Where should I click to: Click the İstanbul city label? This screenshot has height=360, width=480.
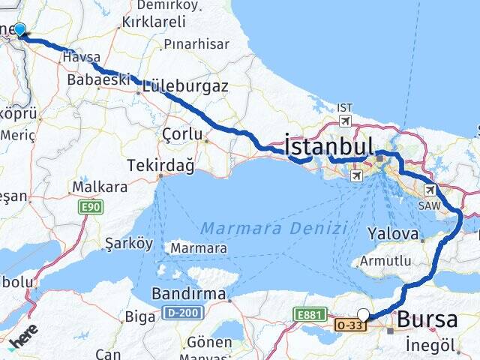(x=329, y=145)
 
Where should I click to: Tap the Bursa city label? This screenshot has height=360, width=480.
(x=427, y=319)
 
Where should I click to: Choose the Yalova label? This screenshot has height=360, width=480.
(x=392, y=234)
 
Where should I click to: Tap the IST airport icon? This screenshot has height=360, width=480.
(x=345, y=120)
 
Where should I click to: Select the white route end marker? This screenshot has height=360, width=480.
(x=364, y=315)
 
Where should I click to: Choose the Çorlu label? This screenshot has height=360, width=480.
(x=182, y=134)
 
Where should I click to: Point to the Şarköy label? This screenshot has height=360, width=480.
(x=128, y=244)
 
